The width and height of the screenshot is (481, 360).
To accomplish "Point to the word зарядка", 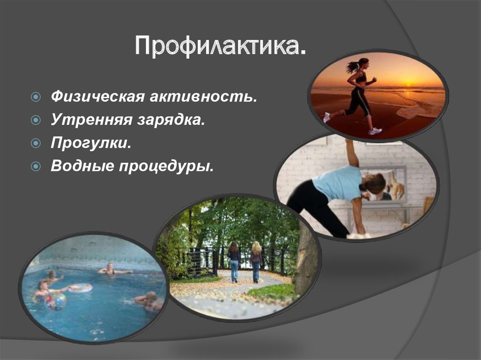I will click(171, 121).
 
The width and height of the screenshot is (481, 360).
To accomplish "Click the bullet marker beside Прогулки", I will click(36, 143).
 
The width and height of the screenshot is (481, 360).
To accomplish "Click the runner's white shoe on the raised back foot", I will click(326, 117).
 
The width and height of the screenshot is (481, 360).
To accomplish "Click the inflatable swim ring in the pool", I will click(80, 288).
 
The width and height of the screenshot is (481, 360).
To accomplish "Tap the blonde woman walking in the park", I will click(256, 260).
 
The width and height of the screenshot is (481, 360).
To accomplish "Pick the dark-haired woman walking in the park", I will click(233, 260).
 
